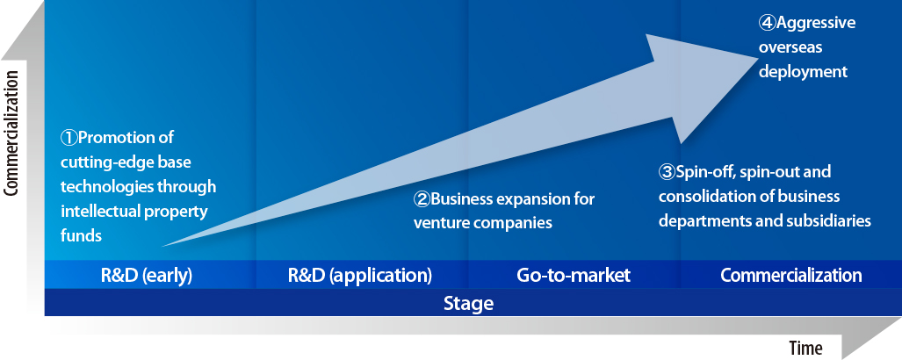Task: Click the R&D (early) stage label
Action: (146, 276)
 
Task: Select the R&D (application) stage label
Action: (359, 276)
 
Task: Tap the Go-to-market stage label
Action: (574, 275)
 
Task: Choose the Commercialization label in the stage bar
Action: (791, 275)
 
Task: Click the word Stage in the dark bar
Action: (468, 303)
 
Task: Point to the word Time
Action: (805, 348)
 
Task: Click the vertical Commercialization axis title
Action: (12, 133)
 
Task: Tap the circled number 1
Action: (69, 138)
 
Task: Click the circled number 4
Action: (767, 23)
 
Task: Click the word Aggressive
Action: (816, 24)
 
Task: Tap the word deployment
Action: (803, 72)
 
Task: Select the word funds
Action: (81, 236)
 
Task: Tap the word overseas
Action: (790, 47)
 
